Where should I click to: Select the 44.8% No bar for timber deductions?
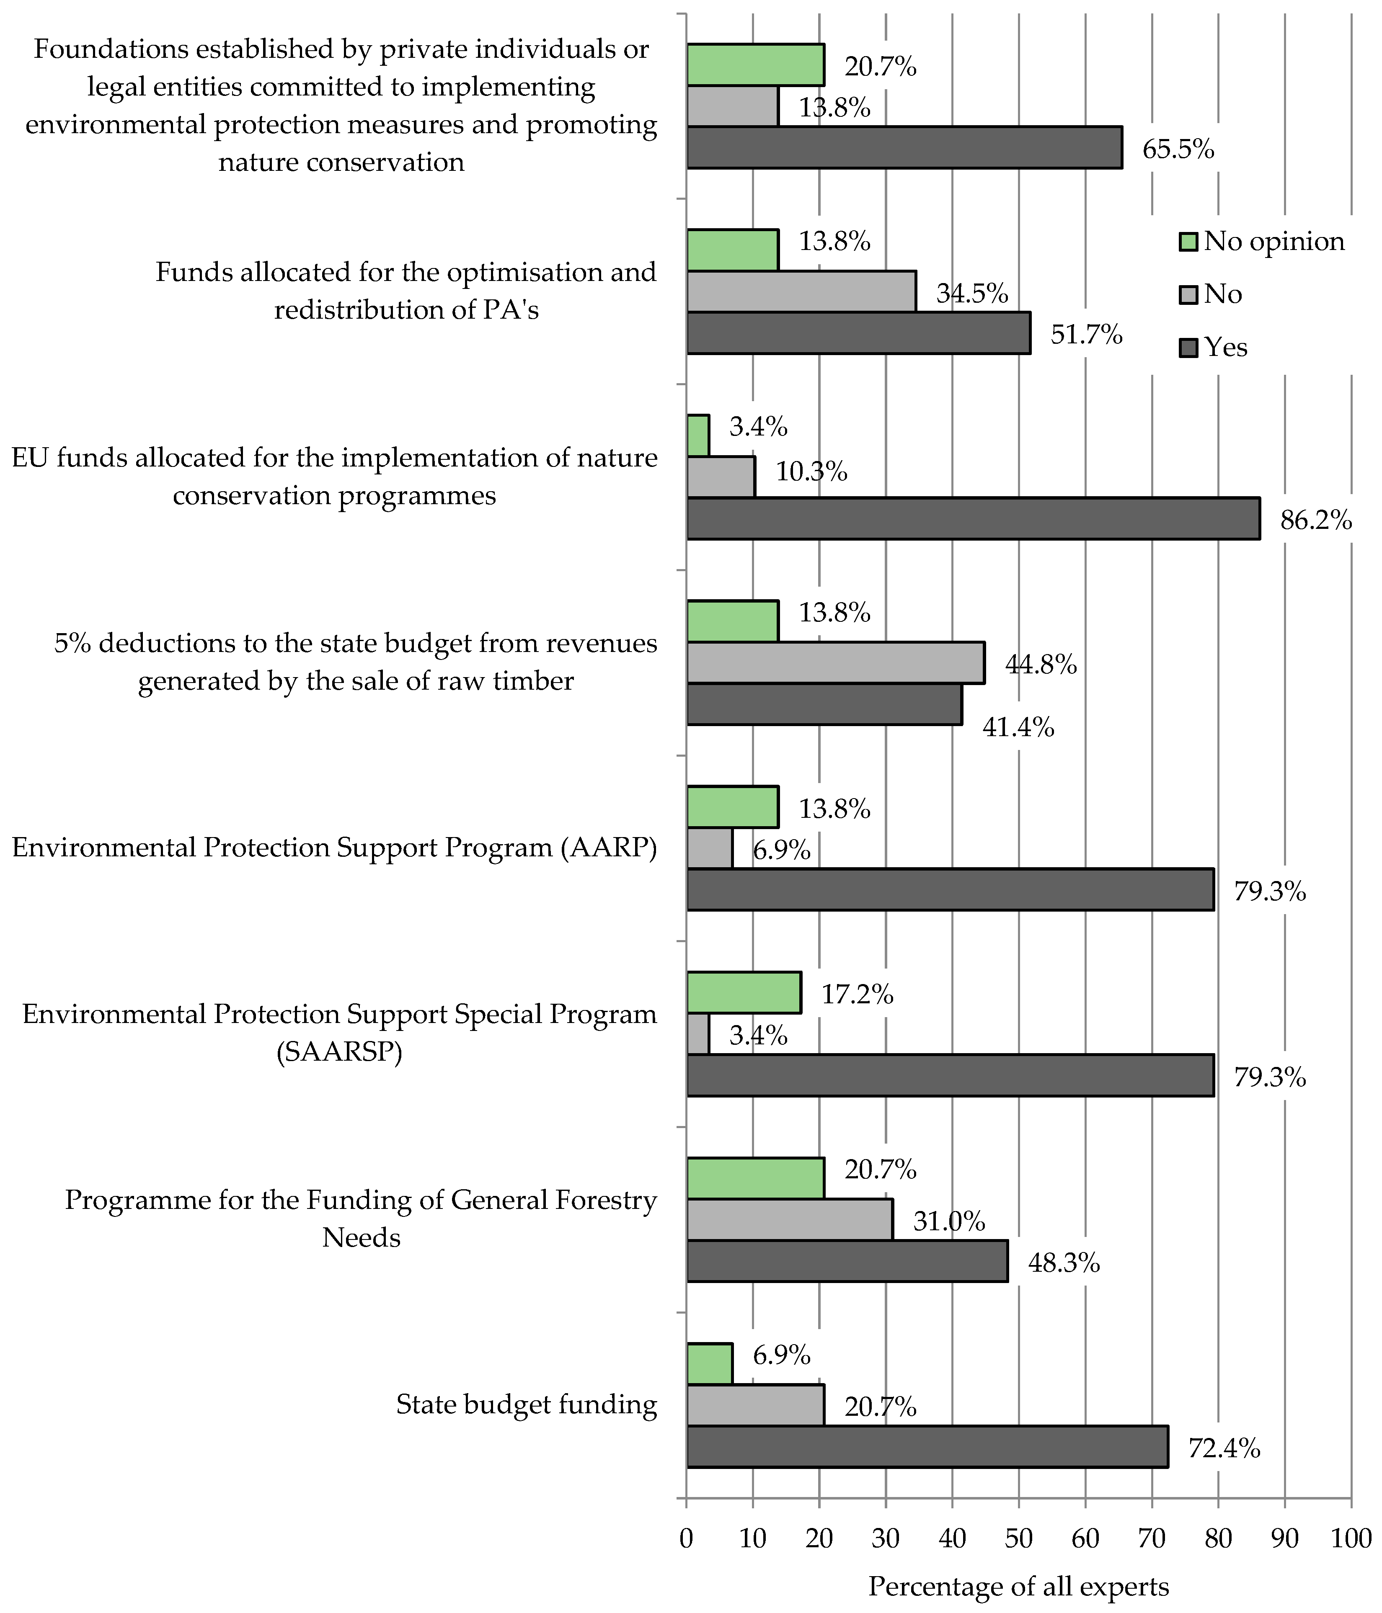click(x=835, y=663)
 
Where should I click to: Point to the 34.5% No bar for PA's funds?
click(x=801, y=292)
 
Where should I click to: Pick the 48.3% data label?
click(x=1064, y=1263)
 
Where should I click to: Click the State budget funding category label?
click(x=526, y=1404)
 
